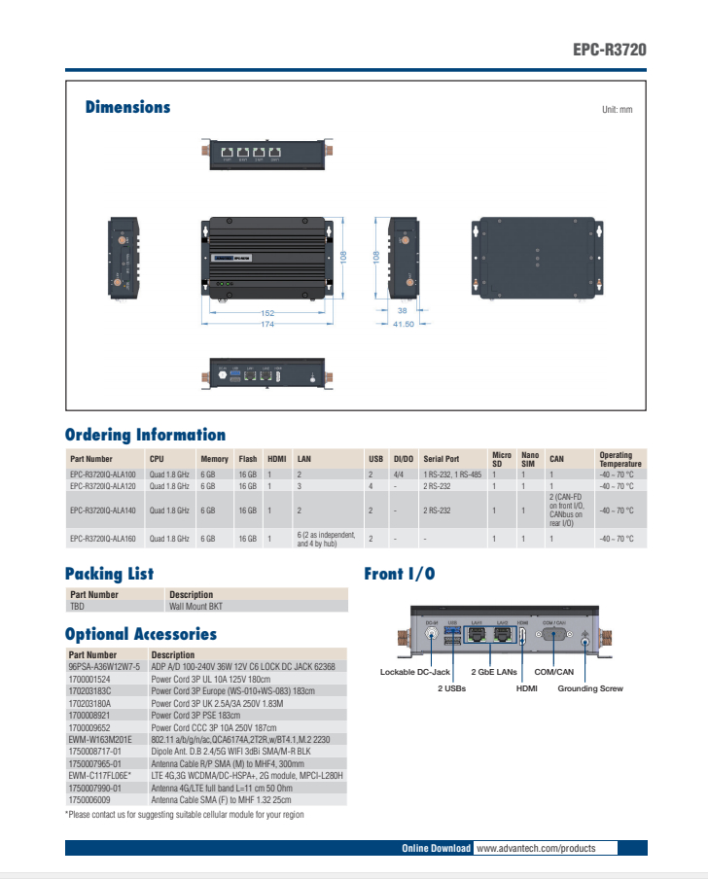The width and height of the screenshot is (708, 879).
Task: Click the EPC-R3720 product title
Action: click(x=608, y=50)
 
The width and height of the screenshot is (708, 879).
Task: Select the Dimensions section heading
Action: click(x=127, y=107)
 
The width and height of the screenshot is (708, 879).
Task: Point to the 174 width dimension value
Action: click(x=266, y=324)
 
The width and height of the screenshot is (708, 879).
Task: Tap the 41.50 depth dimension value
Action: click(x=404, y=324)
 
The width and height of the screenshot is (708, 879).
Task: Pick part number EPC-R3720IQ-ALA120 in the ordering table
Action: click(x=103, y=485)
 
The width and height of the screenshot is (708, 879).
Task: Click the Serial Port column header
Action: click(x=441, y=459)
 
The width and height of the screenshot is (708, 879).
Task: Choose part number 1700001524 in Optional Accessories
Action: click(x=89, y=679)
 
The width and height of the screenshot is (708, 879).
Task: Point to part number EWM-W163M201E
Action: click(x=99, y=740)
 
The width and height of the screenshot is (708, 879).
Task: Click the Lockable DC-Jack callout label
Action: click(x=415, y=672)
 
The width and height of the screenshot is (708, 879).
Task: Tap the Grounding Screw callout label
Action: click(x=590, y=688)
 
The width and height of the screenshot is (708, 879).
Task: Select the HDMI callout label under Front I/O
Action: click(x=526, y=688)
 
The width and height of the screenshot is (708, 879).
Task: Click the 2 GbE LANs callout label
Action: click(x=494, y=672)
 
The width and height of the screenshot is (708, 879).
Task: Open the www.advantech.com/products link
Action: click(x=536, y=848)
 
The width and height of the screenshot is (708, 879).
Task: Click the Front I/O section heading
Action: click(x=399, y=574)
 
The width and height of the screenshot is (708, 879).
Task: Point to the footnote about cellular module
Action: click(x=185, y=815)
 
